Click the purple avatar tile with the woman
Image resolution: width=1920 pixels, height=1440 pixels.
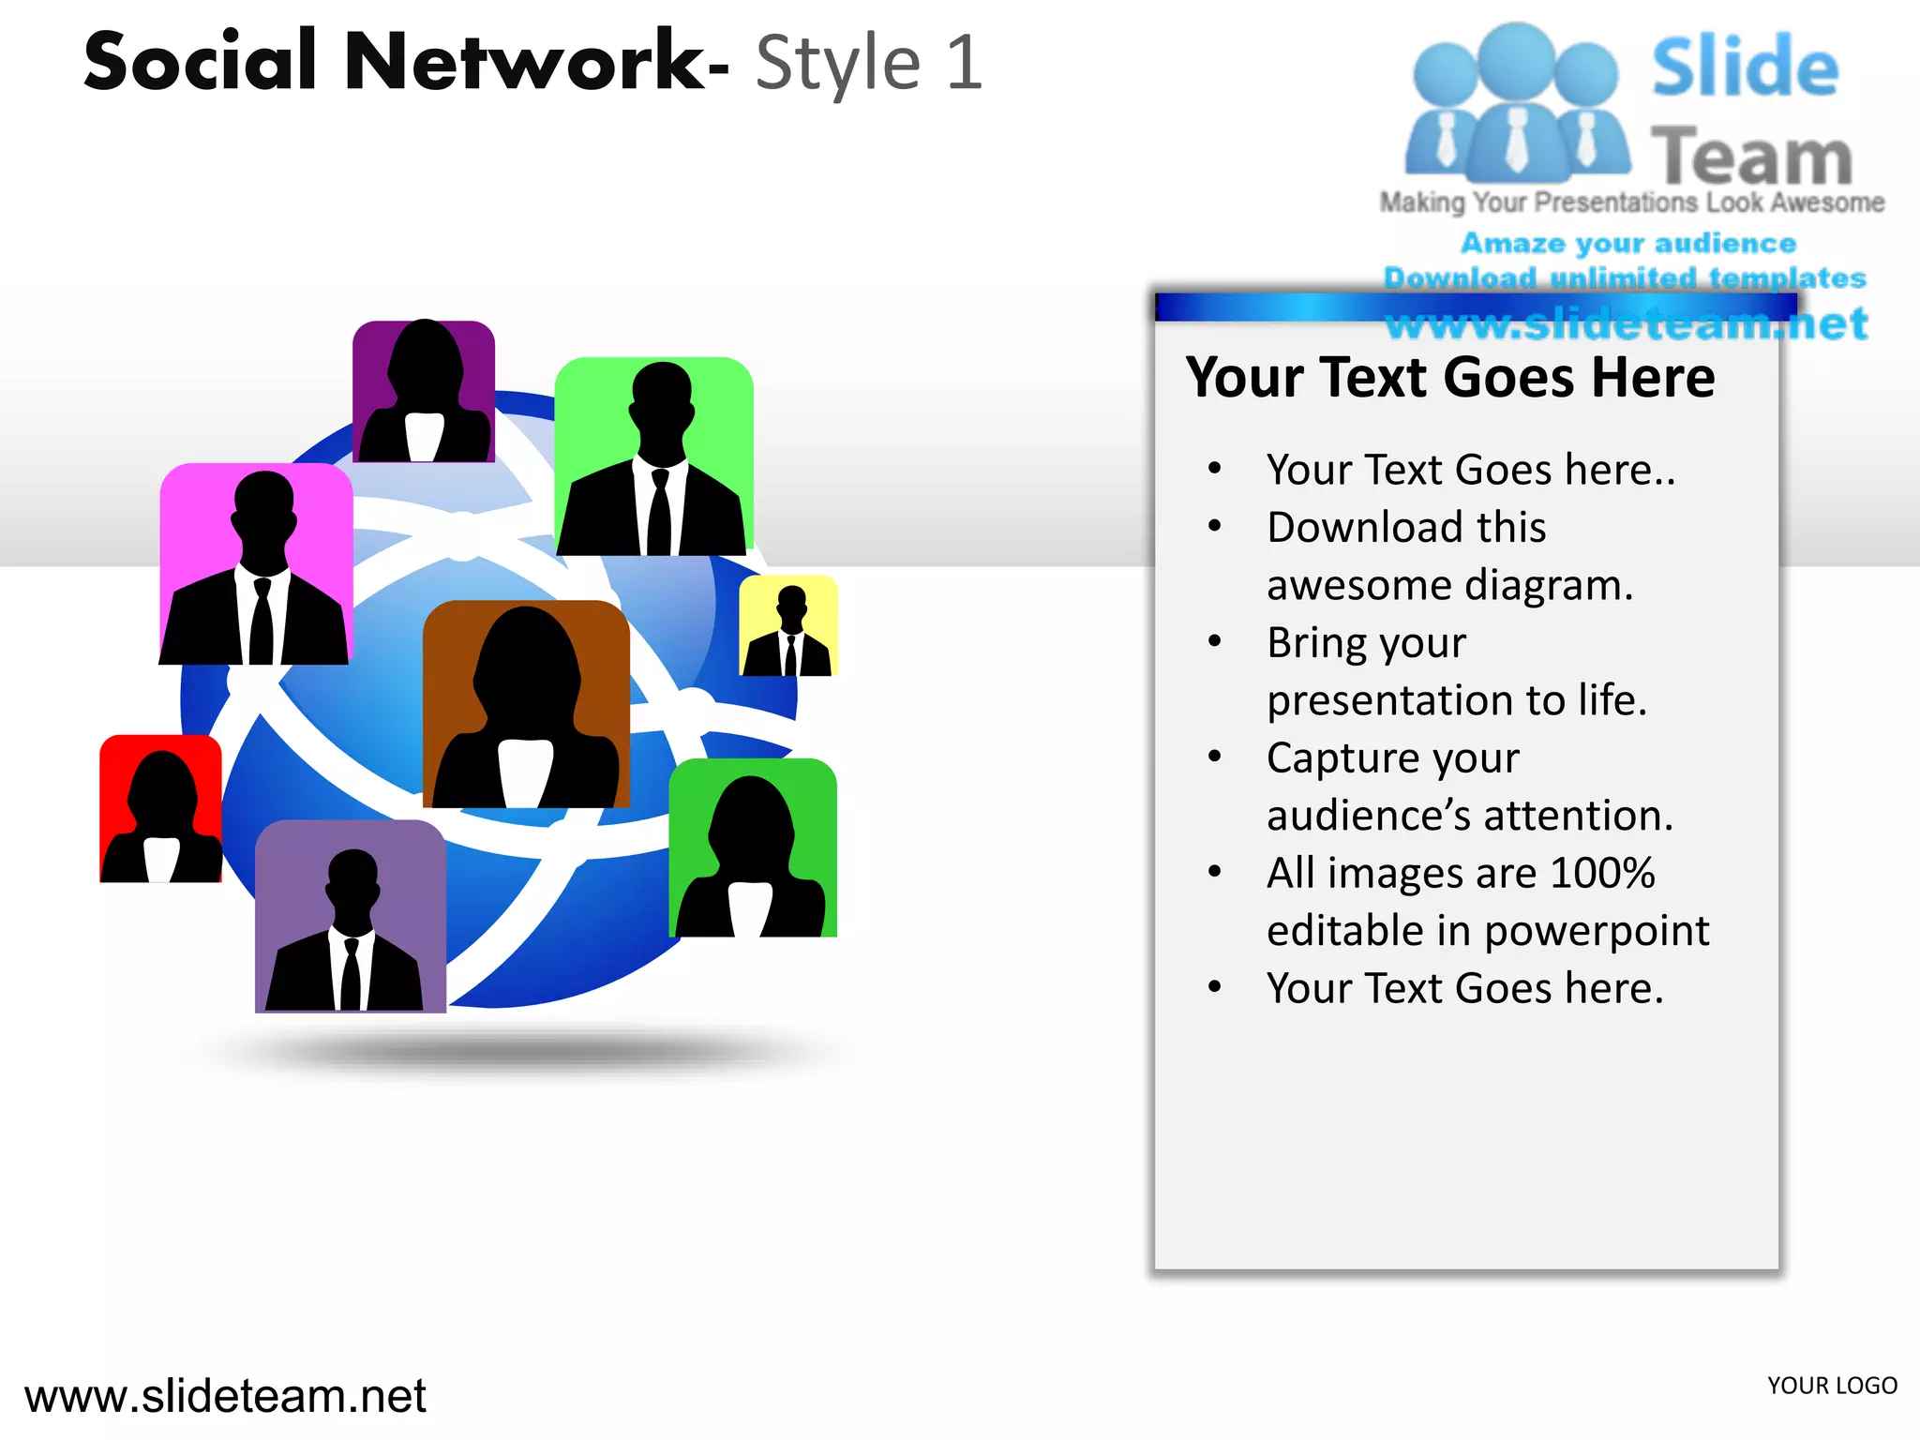click(x=424, y=392)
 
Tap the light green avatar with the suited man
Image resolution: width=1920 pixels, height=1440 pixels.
click(x=654, y=457)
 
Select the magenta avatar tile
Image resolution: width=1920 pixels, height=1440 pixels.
click(x=256, y=564)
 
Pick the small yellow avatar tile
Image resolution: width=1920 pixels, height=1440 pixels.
click(x=788, y=626)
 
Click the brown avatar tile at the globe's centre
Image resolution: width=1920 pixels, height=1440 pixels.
click(x=526, y=705)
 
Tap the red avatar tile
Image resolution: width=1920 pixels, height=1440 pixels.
click(x=161, y=808)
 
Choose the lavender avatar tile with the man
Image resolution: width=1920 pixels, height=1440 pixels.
click(x=351, y=917)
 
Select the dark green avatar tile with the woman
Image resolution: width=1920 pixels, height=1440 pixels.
click(x=753, y=848)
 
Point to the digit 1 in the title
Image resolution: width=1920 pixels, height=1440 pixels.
click(x=964, y=64)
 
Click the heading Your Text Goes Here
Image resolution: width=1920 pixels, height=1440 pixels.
click(x=1449, y=378)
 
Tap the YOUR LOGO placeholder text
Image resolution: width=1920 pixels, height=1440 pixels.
click(x=1832, y=1386)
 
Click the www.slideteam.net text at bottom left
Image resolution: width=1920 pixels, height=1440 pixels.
click(x=225, y=1396)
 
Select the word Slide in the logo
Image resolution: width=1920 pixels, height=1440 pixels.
click(x=1745, y=67)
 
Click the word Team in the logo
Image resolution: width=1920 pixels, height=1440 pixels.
click(x=1751, y=157)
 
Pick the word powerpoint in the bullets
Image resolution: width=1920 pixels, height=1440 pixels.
click(x=1597, y=931)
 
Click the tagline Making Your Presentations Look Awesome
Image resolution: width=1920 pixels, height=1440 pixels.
click(x=1631, y=202)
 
